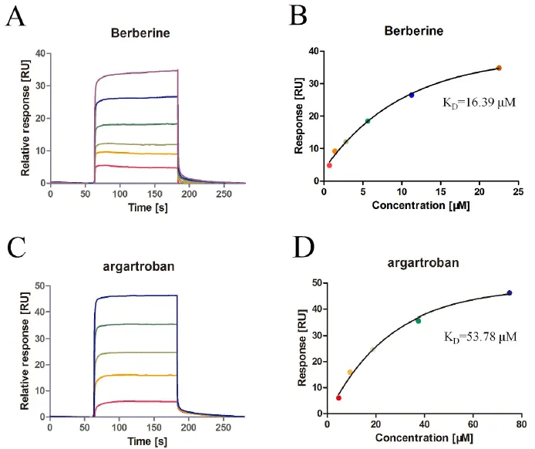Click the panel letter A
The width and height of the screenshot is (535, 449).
pyautogui.click(x=15, y=16)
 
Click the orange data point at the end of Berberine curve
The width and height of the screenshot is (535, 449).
pyautogui.click(x=499, y=68)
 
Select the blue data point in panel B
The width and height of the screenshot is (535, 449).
pyautogui.click(x=412, y=95)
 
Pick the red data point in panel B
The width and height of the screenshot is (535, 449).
pyautogui.click(x=329, y=165)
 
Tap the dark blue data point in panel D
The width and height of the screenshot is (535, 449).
pyautogui.click(x=510, y=293)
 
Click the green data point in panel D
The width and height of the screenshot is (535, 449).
pyautogui.click(x=419, y=321)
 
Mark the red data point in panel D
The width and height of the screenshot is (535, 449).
pyautogui.click(x=338, y=398)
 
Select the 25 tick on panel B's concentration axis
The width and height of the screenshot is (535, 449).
pyautogui.click(x=518, y=191)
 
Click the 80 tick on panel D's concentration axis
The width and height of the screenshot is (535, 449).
pyautogui.click(x=521, y=424)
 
